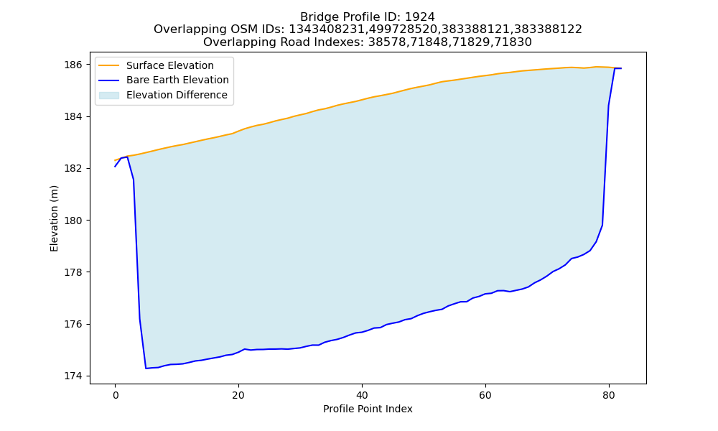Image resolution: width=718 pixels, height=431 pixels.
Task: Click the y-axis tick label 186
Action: pos(73,65)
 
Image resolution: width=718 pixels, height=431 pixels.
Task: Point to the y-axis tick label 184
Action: pos(73,117)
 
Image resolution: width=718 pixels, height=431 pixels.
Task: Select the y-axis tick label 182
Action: pos(73,169)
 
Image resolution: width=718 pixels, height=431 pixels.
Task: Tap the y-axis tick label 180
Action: pos(73,221)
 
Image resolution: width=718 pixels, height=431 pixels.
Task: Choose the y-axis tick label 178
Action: pos(73,272)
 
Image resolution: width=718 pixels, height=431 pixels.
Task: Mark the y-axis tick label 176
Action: pos(73,324)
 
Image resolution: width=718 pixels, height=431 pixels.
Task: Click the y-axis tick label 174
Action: pos(73,376)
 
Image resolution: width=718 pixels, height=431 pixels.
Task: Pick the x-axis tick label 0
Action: pos(115,395)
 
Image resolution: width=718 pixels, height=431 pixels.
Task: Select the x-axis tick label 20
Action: pos(238,395)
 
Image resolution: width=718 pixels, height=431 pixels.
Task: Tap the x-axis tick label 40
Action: pos(362,395)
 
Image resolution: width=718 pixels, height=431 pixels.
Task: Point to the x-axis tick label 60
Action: pos(485,395)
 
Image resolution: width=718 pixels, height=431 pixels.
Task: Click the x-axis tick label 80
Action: pos(609,395)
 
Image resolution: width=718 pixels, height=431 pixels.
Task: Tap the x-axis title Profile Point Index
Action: pos(368,409)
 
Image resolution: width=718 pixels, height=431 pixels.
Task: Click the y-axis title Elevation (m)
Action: pos(54,218)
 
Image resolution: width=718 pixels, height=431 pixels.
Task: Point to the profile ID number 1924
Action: pos(420,17)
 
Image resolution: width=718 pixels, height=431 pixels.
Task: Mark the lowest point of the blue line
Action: pos(146,369)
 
